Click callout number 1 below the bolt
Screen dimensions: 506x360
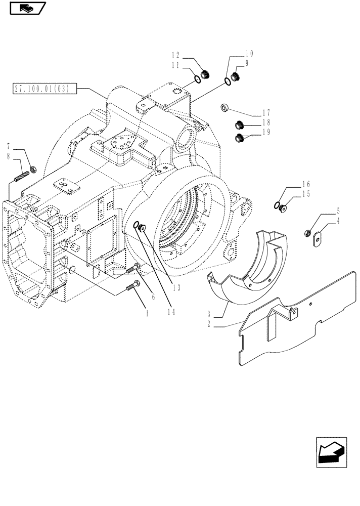(x=147, y=314)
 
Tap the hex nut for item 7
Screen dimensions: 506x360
(x=32, y=170)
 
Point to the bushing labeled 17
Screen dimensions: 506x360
(x=226, y=107)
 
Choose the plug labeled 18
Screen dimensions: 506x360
(x=240, y=124)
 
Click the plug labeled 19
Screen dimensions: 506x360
(x=240, y=138)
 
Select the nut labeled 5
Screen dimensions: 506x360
(x=307, y=233)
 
